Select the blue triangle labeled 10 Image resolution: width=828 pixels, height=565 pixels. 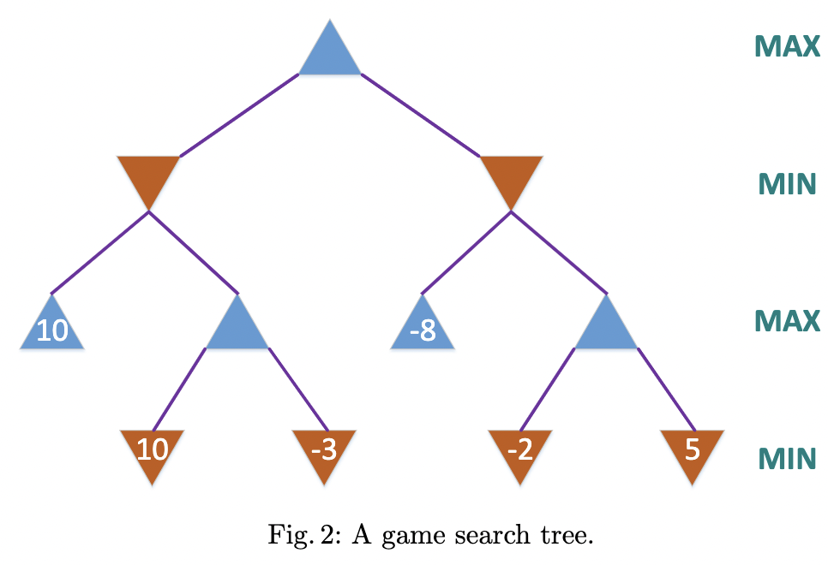coord(52,329)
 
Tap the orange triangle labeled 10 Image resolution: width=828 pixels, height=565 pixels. coord(152,451)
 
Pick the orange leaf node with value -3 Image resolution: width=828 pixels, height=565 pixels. coord(323,451)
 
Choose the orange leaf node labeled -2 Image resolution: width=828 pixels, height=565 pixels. coord(520,451)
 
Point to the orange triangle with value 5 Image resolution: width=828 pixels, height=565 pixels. coord(693,451)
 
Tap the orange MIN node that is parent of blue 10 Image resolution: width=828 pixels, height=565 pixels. coord(148,177)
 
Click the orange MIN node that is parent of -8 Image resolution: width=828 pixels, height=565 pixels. coord(512,177)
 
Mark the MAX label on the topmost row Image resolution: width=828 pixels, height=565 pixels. coord(787,46)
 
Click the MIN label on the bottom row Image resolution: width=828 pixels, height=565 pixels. coord(786,459)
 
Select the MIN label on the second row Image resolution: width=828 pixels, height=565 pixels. coord(786,183)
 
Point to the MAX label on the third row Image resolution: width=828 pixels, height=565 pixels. coord(787,321)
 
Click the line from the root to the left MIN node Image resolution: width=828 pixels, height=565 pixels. coord(238,116)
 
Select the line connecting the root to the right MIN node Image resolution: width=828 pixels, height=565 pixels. coord(421,116)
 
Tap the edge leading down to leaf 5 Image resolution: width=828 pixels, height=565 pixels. coord(665,390)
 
